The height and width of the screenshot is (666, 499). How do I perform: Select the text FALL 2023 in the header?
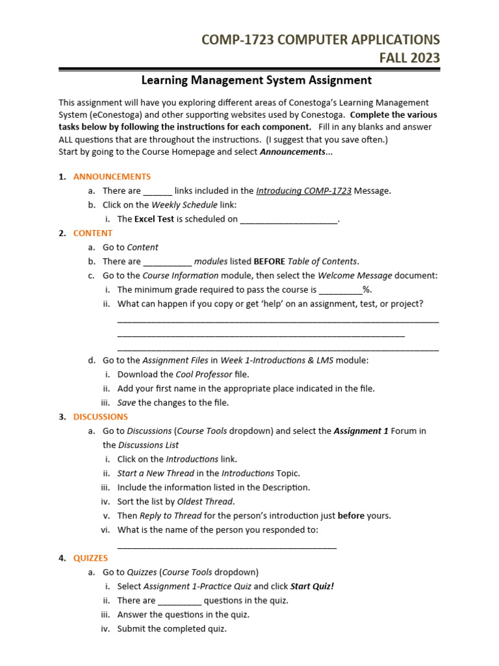pyautogui.click(x=409, y=58)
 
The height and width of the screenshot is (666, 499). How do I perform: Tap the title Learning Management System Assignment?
pyautogui.click(x=257, y=80)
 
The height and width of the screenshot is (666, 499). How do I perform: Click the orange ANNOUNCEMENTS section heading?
pyautogui.click(x=112, y=176)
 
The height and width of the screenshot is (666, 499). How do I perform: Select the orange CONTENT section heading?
pyautogui.click(x=93, y=233)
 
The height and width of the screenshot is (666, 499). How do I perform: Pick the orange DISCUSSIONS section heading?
pyautogui.click(x=101, y=416)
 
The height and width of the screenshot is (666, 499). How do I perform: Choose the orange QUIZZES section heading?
pyautogui.click(x=91, y=558)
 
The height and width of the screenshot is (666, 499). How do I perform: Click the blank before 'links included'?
pyautogui.click(x=157, y=192)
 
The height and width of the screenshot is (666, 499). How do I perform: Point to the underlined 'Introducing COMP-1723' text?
pyautogui.click(x=304, y=191)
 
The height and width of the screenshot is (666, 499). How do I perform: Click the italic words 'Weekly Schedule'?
pyautogui.click(x=179, y=205)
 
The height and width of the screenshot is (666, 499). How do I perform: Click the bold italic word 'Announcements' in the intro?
pyautogui.click(x=292, y=152)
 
